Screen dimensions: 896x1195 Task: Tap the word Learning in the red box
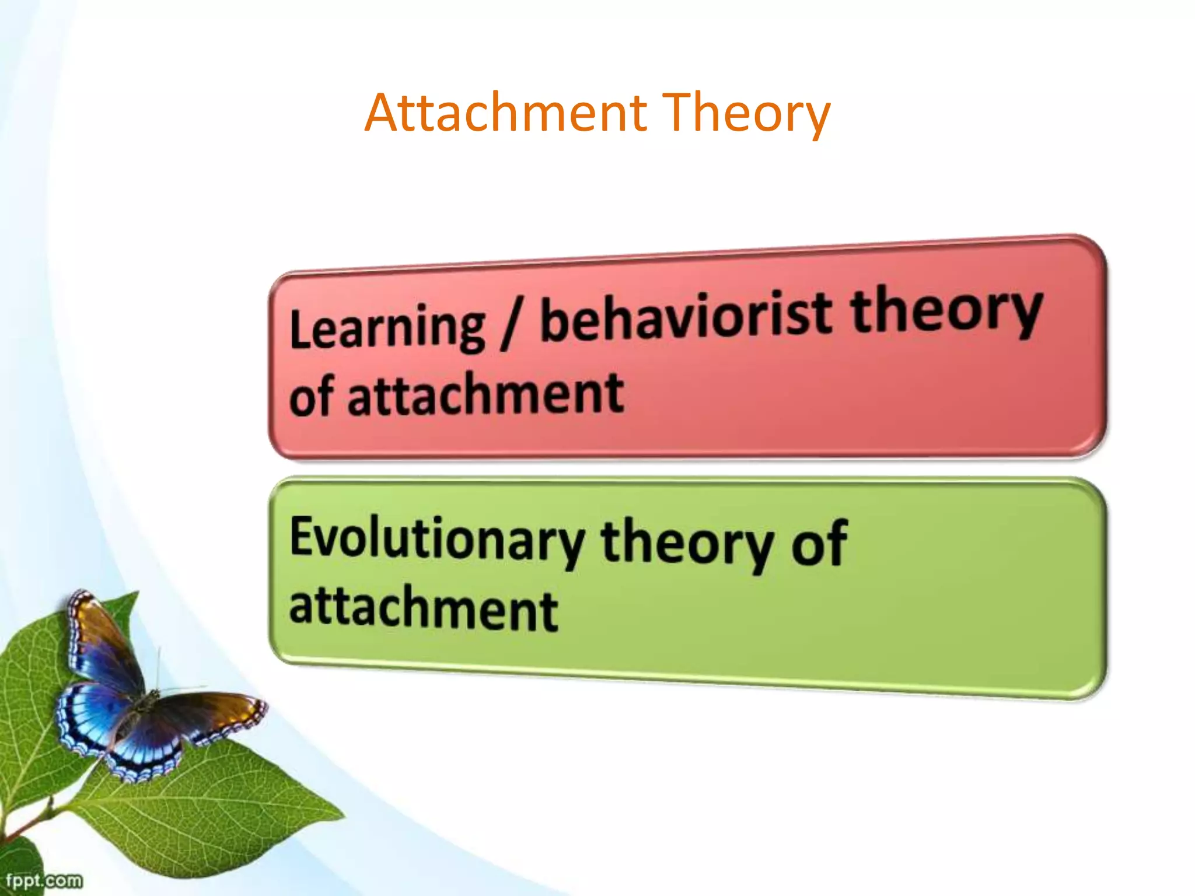pos(387,329)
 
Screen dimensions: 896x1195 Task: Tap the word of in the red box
pos(312,397)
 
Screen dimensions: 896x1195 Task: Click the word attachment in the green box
pos(424,608)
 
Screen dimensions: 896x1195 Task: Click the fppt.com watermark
pos(44,880)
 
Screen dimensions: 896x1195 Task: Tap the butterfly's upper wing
pos(102,642)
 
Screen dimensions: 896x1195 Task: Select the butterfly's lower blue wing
pos(140,747)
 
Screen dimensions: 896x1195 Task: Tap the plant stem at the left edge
pos(29,822)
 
